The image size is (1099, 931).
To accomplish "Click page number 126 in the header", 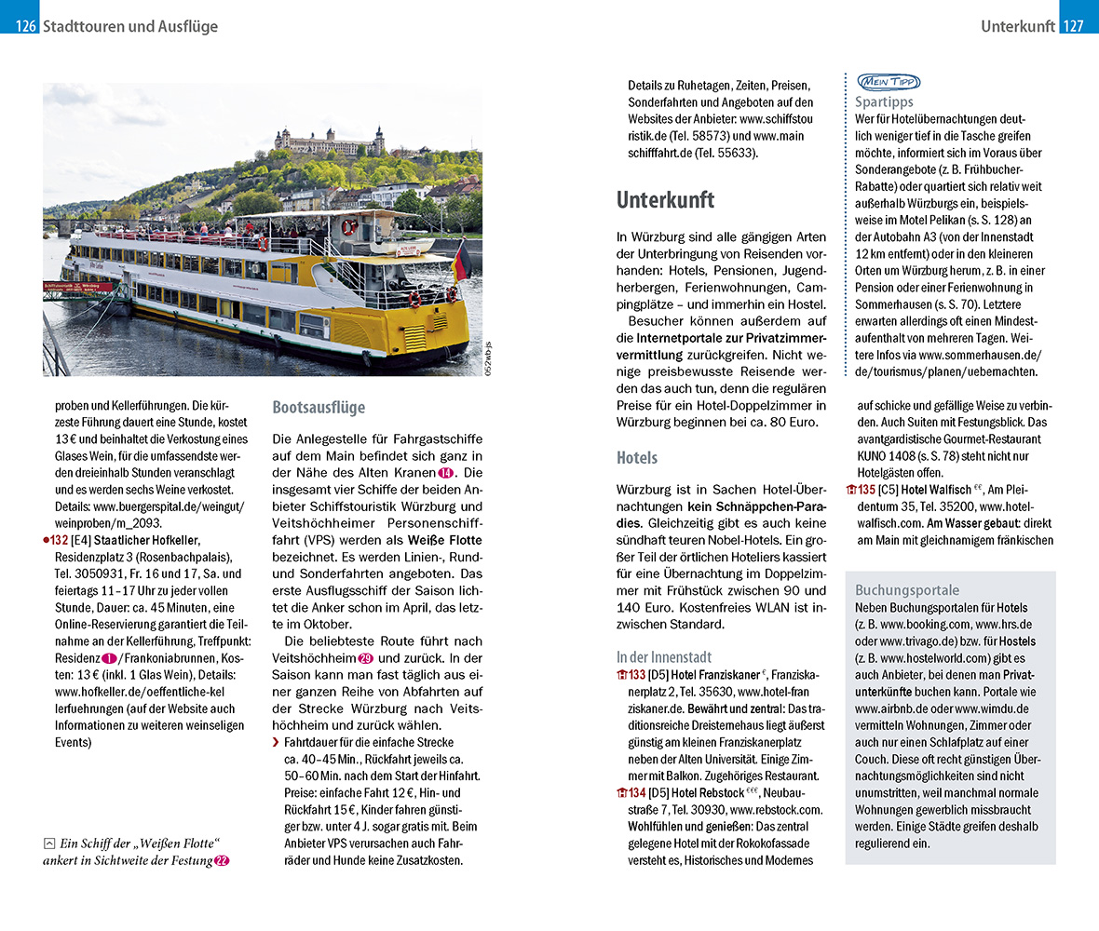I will (25, 26).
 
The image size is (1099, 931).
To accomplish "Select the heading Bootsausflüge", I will (319, 408).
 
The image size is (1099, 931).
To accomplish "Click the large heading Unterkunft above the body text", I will (665, 199).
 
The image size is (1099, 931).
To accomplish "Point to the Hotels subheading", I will (637, 458).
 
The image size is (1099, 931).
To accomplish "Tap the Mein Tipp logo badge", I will (888, 82).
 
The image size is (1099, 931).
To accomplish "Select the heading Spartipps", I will (884, 101).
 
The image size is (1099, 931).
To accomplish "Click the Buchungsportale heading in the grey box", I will (906, 590).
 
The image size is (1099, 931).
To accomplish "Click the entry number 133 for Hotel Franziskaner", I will (637, 675).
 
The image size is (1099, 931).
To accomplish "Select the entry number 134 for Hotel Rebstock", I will (637, 792).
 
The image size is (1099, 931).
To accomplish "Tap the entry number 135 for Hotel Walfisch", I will (866, 490).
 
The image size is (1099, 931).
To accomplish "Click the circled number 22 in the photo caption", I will (222, 861).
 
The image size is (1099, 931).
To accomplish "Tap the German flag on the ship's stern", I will (461, 260).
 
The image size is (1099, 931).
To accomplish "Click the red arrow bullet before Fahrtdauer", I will (276, 743).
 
